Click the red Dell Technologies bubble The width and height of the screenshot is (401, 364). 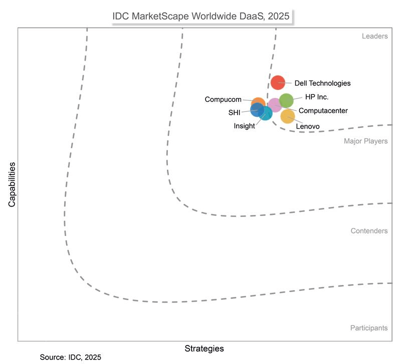tap(277, 82)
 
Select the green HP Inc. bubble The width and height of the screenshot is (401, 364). tap(286, 100)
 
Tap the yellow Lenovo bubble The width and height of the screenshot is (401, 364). tap(288, 116)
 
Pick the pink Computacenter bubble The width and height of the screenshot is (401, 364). tap(275, 105)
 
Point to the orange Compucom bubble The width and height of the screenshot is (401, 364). tap(258, 103)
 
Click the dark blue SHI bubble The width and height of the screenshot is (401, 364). tap(257, 109)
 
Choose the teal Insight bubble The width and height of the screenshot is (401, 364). tap(266, 114)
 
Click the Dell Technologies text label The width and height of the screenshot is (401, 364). tap(322, 83)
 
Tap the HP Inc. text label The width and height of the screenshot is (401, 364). tap(317, 97)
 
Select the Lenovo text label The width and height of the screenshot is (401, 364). tap(308, 126)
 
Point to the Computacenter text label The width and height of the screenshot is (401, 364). tap(323, 110)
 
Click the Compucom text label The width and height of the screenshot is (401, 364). tap(223, 99)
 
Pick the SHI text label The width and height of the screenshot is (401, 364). tap(235, 112)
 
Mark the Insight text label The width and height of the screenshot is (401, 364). tap(244, 126)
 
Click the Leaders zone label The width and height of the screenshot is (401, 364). tap(374, 36)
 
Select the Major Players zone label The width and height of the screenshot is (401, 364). tap(365, 141)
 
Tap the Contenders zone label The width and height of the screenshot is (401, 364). tap(369, 231)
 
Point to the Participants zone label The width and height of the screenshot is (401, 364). tap(368, 328)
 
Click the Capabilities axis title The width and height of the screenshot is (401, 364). tap(12, 184)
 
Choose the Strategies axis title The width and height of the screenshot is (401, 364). tap(204, 348)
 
